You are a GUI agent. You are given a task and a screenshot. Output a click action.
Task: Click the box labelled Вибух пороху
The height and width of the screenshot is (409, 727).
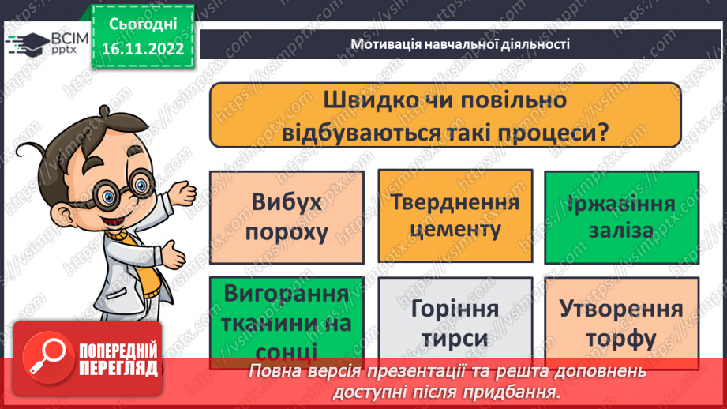[287, 217]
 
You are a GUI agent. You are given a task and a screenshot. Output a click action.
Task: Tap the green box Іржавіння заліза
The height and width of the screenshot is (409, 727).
[620, 217]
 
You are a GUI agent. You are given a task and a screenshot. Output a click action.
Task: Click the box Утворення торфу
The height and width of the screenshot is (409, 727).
[620, 324]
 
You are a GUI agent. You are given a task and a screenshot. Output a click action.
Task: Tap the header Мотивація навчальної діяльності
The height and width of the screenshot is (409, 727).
[460, 44]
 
